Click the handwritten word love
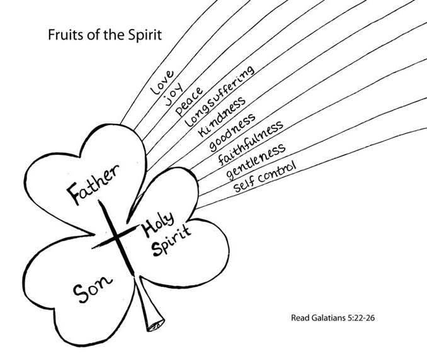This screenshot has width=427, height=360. (162, 82)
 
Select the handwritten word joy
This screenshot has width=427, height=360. (173, 94)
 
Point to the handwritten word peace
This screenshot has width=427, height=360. (190, 101)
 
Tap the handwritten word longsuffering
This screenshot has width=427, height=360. (220, 96)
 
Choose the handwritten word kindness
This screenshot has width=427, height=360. (221, 116)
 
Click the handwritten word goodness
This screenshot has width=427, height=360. (232, 132)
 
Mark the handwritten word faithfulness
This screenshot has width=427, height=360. (250, 143)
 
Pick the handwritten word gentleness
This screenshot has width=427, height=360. (256, 161)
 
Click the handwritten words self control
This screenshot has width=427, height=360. (264, 177)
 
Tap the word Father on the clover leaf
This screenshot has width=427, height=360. (93, 184)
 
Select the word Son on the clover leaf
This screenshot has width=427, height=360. (93, 290)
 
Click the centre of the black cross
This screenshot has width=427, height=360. (117, 237)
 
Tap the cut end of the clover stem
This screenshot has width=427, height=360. (156, 325)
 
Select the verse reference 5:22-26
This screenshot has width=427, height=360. (361, 318)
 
